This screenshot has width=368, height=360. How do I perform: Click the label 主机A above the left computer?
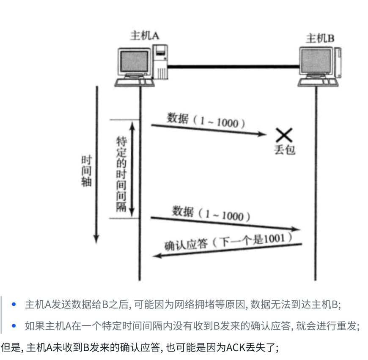coord(143,35)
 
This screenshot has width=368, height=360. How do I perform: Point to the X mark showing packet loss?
coord(284,135)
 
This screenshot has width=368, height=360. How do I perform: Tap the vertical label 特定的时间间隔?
coord(122,174)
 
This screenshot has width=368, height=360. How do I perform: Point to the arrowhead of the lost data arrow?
coord(264,135)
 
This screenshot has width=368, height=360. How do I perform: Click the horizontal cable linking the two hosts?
coord(233,66)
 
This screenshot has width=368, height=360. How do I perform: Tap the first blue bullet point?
coord(14,304)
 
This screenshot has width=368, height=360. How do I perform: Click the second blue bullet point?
coord(14,326)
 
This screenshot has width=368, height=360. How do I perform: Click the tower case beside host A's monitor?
coord(160,62)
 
